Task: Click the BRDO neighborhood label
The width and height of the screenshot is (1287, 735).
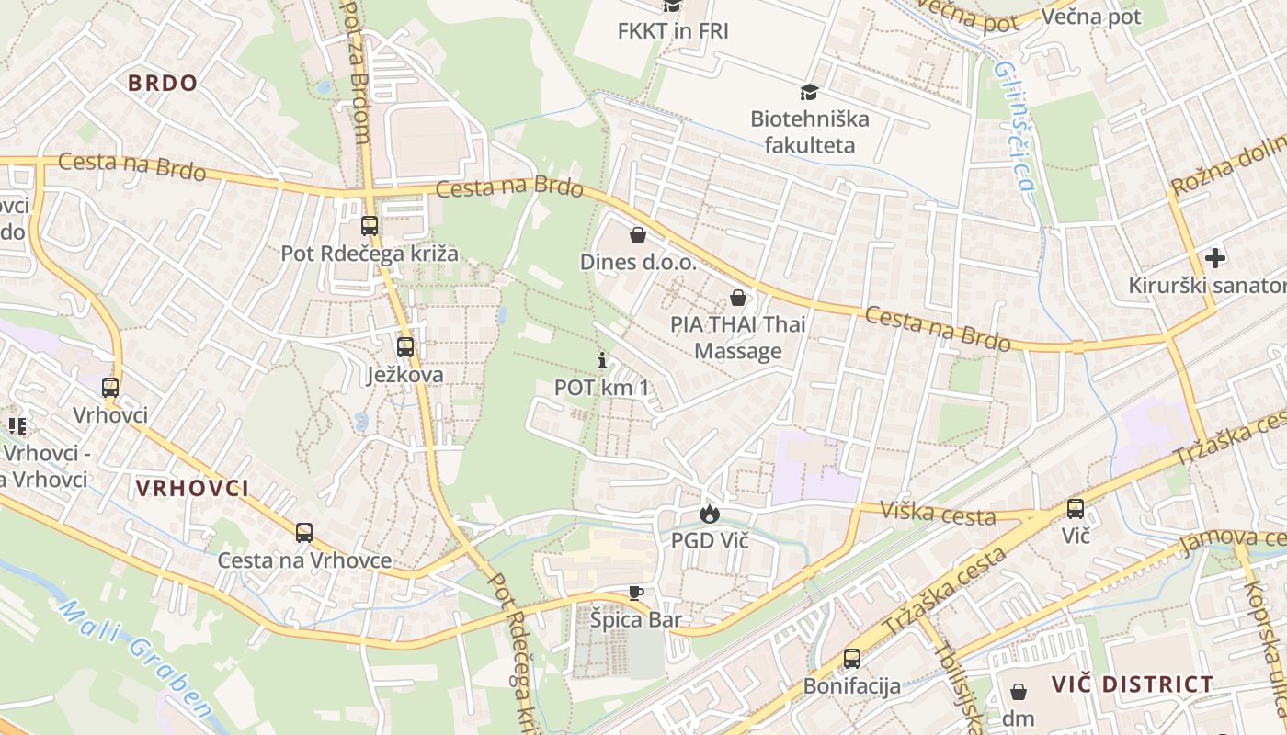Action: (x=163, y=84)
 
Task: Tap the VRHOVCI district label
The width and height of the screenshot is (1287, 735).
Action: (x=192, y=488)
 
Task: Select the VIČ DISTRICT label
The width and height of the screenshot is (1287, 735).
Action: (x=1133, y=684)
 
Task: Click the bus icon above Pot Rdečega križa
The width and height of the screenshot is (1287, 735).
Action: (x=370, y=226)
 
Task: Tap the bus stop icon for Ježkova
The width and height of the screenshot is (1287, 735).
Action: (x=405, y=347)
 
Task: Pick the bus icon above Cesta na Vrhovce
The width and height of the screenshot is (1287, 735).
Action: (x=304, y=532)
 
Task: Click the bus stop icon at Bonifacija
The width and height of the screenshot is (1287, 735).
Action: (x=852, y=658)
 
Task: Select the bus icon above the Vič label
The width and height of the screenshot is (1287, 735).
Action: (x=1076, y=508)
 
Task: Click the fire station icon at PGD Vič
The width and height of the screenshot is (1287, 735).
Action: (x=709, y=514)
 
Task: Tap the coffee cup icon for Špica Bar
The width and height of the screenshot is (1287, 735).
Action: (x=635, y=593)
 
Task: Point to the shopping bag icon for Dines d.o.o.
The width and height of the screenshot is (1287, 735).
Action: (x=638, y=235)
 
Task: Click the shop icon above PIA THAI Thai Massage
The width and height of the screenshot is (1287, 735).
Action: (x=737, y=297)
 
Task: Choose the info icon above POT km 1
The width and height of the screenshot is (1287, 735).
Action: (x=602, y=360)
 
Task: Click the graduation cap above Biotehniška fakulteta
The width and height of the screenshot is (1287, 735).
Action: (x=809, y=91)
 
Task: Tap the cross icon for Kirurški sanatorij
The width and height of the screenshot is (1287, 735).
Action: (x=1215, y=258)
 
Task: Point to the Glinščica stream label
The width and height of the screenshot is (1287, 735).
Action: (x=1015, y=126)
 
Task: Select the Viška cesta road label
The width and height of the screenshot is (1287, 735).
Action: (x=938, y=513)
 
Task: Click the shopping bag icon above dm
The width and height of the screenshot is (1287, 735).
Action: (x=1019, y=691)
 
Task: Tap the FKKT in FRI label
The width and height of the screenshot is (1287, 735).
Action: (x=673, y=30)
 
